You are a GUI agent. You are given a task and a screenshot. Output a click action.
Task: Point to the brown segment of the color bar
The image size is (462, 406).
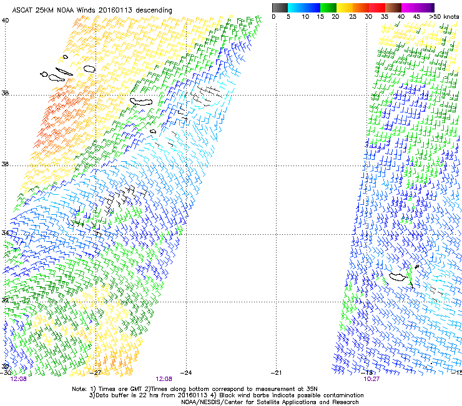(x=395, y=7)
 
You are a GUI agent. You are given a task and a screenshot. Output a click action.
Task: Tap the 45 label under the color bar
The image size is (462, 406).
(x=415, y=16)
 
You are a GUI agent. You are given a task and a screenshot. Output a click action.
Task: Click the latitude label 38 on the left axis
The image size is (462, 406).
(x=6, y=94)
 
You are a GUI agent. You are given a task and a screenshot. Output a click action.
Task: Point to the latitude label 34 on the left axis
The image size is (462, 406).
(x=6, y=233)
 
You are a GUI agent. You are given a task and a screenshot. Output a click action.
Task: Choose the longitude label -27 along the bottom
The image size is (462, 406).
(x=97, y=372)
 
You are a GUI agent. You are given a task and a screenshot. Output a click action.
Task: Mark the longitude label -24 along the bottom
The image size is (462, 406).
(x=186, y=372)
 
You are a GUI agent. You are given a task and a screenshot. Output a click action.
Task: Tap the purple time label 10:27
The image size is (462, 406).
(x=372, y=379)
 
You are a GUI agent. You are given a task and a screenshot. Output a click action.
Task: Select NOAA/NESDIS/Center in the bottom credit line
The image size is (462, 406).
(x=213, y=402)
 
